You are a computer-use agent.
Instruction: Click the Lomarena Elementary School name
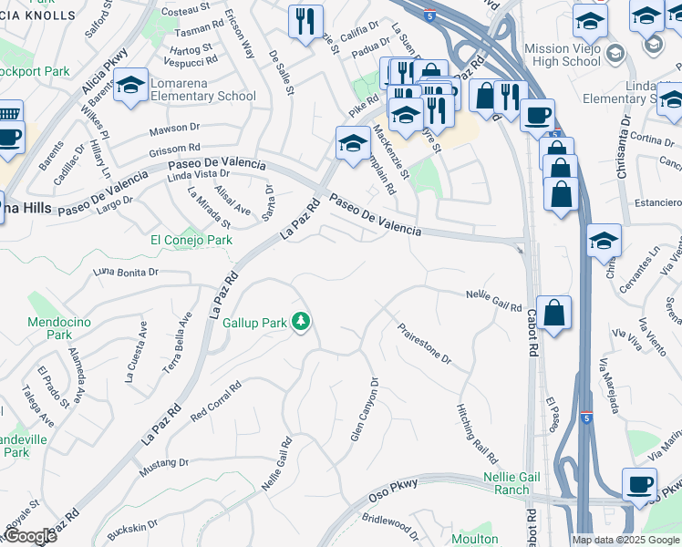[x=202, y=89]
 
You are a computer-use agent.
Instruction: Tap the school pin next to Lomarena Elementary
[x=131, y=86]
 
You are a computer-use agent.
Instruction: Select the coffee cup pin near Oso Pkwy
[x=639, y=485]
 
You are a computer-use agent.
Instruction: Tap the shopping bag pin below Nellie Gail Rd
[x=553, y=313]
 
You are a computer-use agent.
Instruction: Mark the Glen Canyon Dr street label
[x=363, y=409]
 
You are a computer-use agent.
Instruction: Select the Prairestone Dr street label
[x=424, y=343]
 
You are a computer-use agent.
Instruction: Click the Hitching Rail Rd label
[x=476, y=431]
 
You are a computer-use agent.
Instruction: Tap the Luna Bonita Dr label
[x=127, y=272]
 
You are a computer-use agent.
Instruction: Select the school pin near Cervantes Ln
[x=604, y=242]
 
